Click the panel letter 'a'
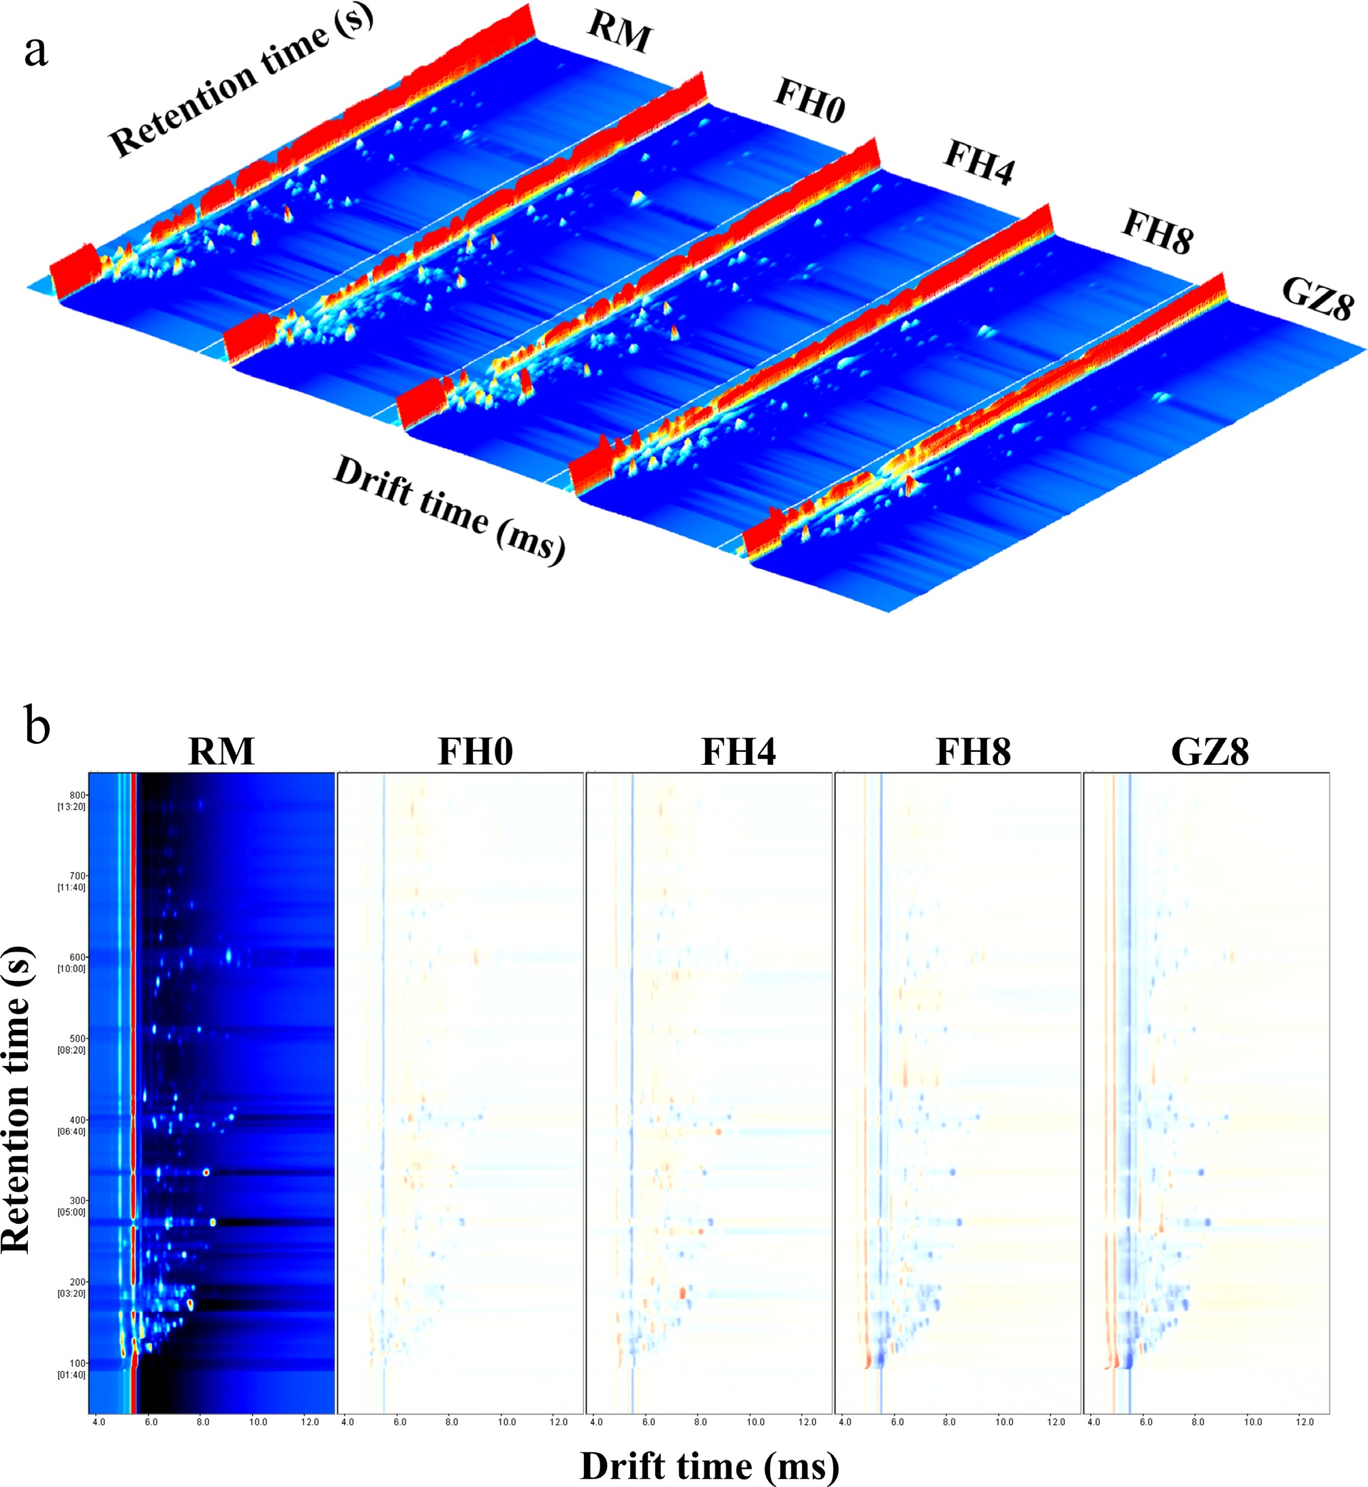coord(35,52)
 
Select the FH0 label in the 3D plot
coord(809,100)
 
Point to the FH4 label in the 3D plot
coord(978,162)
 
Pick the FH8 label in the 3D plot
coord(1157,232)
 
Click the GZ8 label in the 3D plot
coord(1318,298)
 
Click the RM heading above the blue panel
coord(221,751)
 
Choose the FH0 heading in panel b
coord(476,751)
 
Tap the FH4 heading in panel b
coord(738,751)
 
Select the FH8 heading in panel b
coord(973,751)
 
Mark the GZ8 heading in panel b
coord(1209,751)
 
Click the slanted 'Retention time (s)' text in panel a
coord(240,82)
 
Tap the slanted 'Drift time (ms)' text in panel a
coord(450,510)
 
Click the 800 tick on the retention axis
coord(78,795)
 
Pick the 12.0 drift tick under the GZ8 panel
coord(1305,1422)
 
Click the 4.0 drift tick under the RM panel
coord(99,1422)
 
